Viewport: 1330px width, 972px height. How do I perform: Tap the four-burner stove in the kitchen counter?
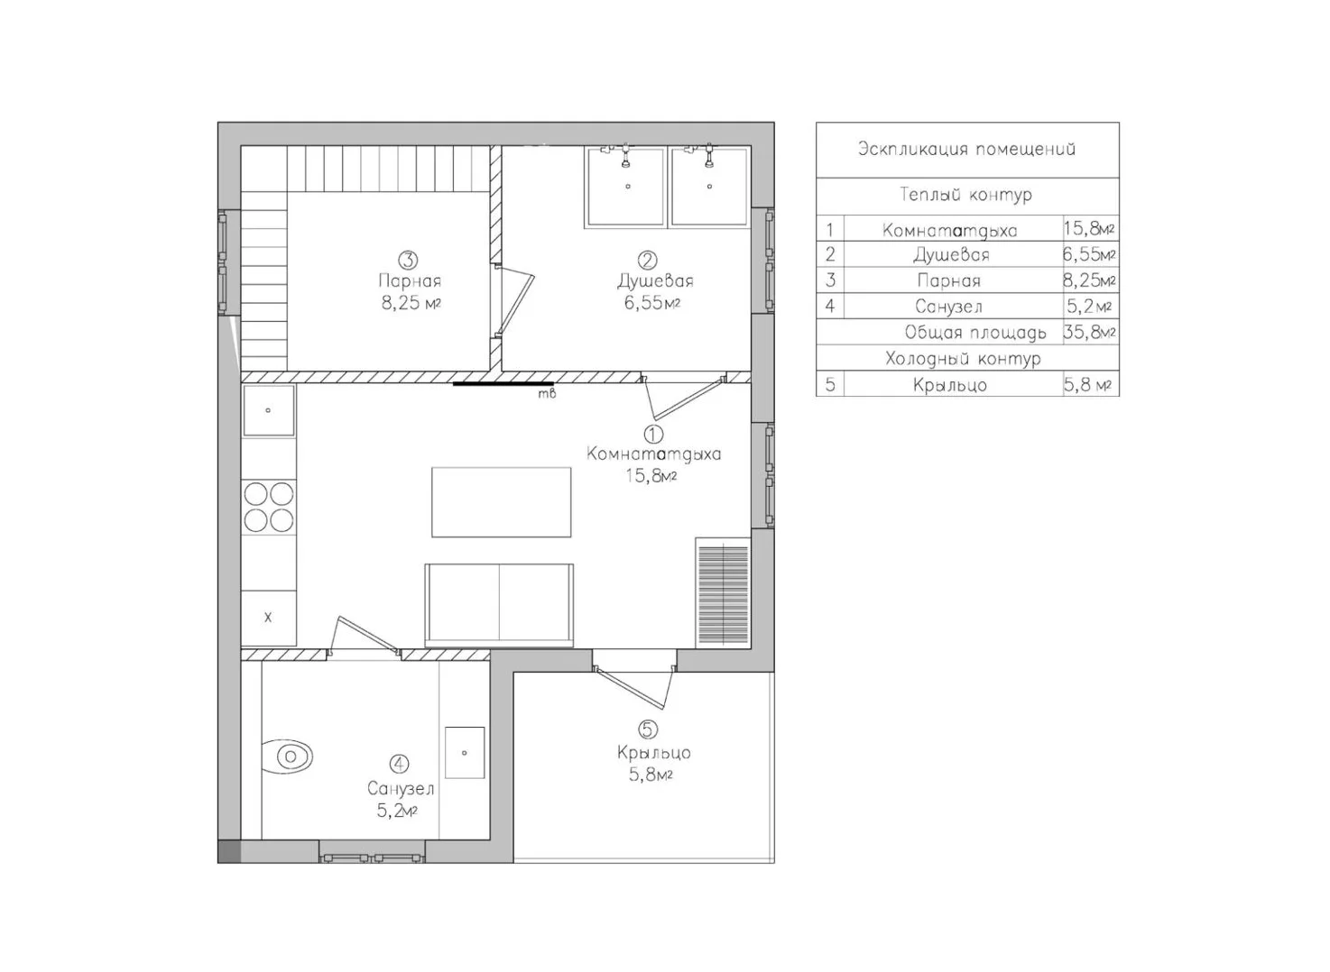(268, 507)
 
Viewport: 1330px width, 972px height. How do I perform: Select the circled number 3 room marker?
(408, 260)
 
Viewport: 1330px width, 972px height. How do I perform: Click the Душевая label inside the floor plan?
(655, 280)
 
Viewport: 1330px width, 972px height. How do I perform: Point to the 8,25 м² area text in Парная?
(411, 303)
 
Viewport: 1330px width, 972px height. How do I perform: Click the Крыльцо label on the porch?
(653, 753)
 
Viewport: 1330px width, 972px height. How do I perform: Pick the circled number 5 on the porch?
(648, 729)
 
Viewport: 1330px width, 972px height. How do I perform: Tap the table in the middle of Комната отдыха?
(501, 502)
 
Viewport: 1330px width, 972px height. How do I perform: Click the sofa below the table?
(499, 605)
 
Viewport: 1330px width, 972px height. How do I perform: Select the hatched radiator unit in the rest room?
(723, 592)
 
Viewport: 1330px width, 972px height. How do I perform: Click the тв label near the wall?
(547, 393)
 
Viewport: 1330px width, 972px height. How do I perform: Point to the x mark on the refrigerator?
(268, 617)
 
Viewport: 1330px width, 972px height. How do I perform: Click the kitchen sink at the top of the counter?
(268, 410)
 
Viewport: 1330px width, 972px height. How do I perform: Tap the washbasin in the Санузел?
(465, 752)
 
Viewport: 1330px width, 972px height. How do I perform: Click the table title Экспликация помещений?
(966, 149)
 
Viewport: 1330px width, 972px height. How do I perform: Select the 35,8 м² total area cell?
(1089, 332)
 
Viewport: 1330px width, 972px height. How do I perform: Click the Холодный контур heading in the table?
(963, 359)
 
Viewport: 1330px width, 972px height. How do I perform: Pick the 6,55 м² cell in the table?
(1089, 254)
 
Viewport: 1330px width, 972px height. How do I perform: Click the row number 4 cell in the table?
(830, 307)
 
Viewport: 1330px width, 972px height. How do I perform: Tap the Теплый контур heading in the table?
(966, 196)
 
